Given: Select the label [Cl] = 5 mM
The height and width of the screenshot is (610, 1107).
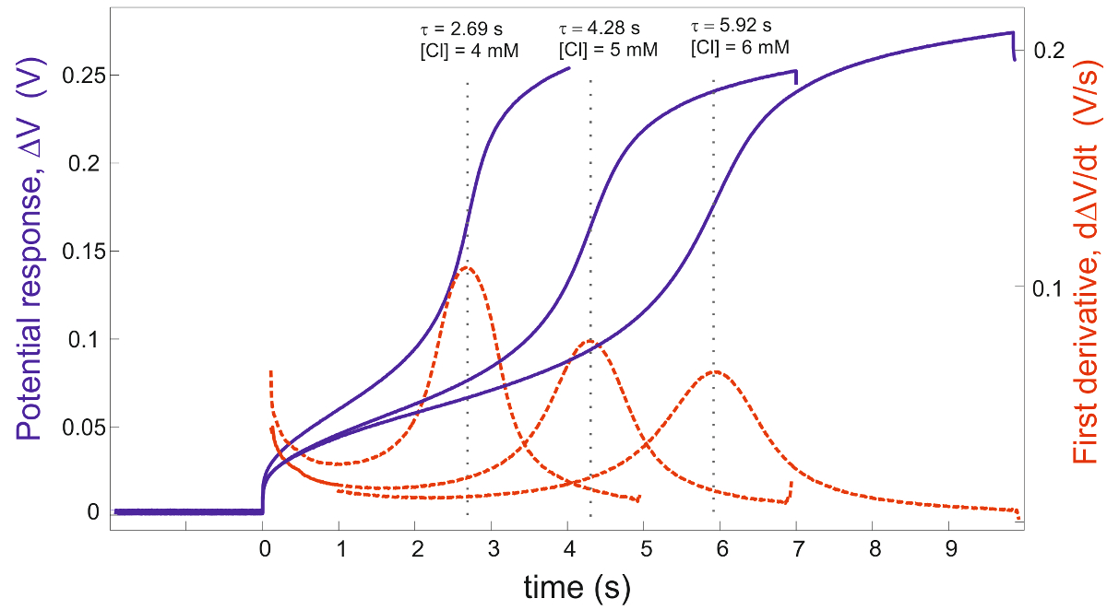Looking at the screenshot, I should [608, 50].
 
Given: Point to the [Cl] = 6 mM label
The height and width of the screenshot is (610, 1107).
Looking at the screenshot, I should [740, 46].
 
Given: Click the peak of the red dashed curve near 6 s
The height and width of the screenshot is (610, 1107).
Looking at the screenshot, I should [714, 372].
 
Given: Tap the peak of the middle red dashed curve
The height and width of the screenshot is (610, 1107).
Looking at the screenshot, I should [589, 341].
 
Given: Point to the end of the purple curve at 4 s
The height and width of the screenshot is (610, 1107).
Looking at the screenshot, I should [568, 67].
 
